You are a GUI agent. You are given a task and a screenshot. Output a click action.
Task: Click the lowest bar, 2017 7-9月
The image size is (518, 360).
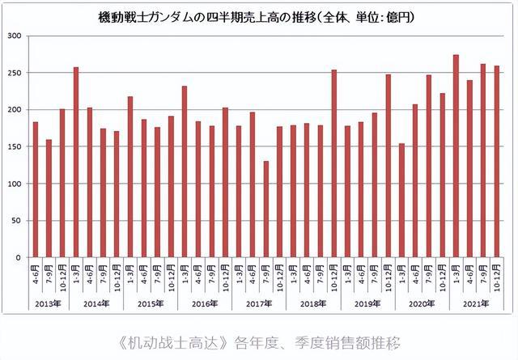265,210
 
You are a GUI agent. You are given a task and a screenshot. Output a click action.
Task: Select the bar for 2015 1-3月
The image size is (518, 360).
130,177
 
